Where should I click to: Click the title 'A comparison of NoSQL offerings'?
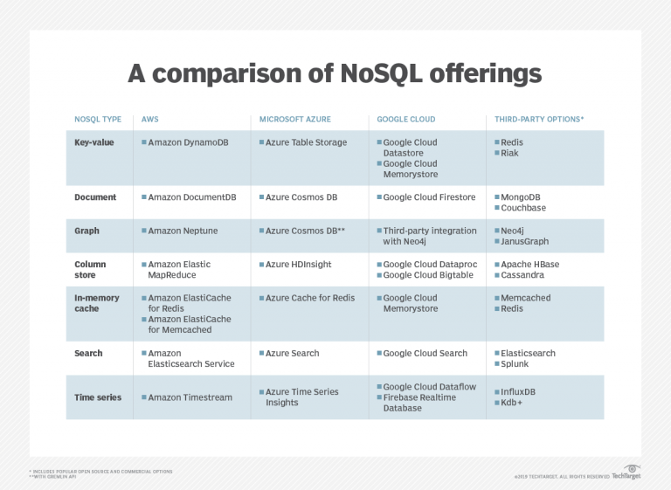tap(335, 72)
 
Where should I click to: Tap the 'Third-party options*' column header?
tap(539, 119)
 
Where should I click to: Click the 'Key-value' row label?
tap(94, 142)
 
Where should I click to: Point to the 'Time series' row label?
tap(98, 397)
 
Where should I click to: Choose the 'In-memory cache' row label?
tap(97, 303)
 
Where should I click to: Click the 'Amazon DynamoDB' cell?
tap(188, 142)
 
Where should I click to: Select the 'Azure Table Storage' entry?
tap(306, 142)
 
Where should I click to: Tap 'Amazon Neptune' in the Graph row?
tap(183, 231)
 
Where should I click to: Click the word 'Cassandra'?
tap(523, 275)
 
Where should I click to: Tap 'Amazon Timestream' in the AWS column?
tap(190, 397)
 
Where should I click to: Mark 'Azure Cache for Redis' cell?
tap(310, 298)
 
